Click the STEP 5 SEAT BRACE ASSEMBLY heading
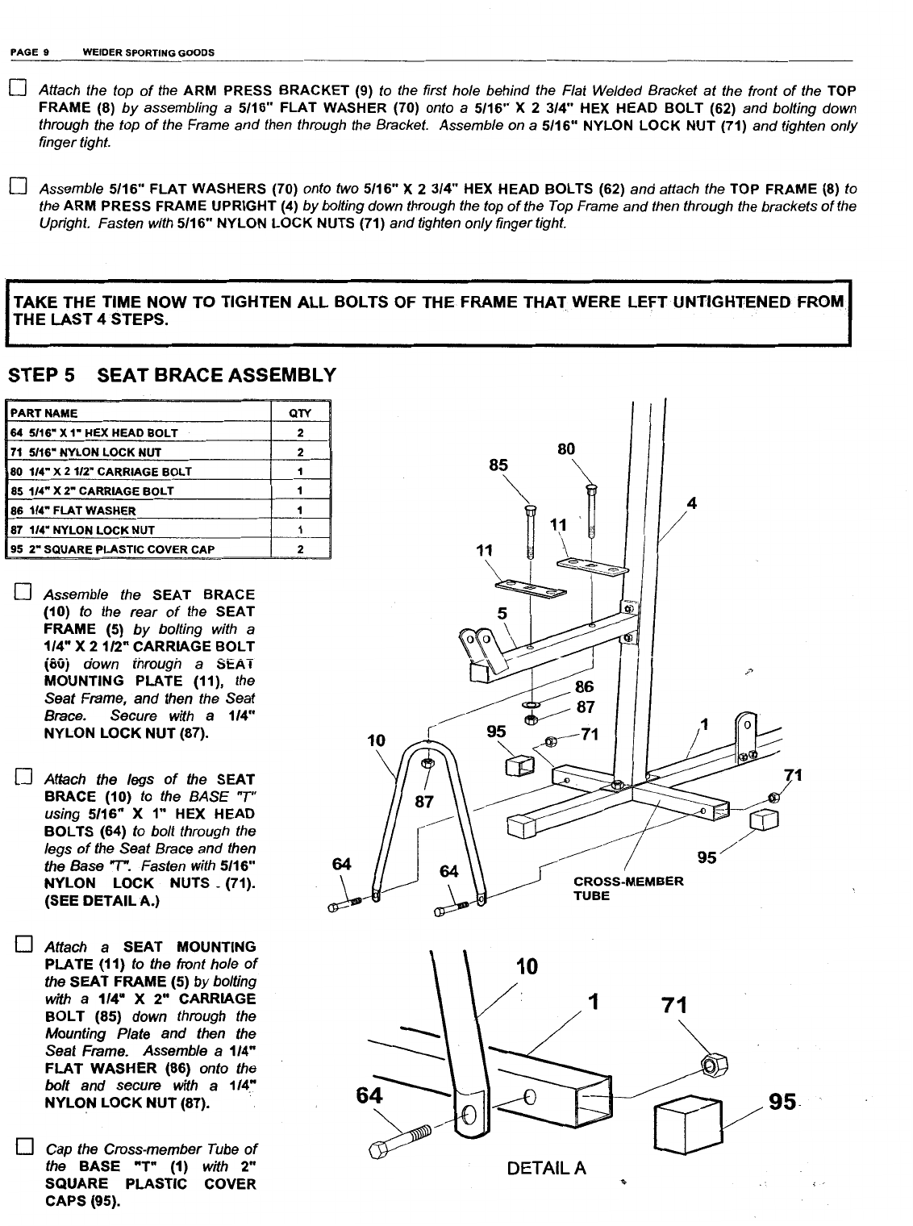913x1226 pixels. coord(171,375)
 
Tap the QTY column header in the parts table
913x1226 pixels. coord(299,413)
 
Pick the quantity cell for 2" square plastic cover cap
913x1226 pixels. coord(299,549)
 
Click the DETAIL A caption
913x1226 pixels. coord(546,1168)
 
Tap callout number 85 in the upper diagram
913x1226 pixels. coord(498,465)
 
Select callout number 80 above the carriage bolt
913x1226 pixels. coord(566,448)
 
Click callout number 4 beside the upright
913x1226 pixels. coord(690,505)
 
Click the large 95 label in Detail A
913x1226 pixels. coord(782,1102)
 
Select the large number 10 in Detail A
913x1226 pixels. coord(525,966)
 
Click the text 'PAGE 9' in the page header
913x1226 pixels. coord(30,52)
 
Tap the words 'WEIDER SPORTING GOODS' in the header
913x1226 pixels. coord(148,52)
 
